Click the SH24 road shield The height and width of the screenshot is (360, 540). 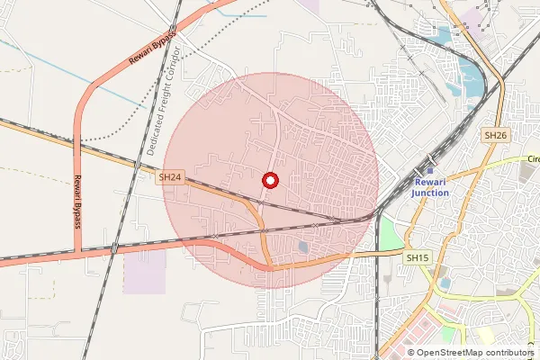(x=170, y=178)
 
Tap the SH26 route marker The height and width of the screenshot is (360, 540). (x=495, y=135)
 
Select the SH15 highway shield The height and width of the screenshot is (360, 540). (x=416, y=258)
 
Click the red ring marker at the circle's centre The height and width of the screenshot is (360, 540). (x=269, y=181)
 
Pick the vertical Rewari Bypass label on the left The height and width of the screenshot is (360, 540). (x=78, y=199)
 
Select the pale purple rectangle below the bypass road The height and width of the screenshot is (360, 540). (x=144, y=271)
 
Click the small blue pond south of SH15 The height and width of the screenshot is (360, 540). (x=444, y=283)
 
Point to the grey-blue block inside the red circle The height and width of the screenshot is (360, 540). (x=303, y=246)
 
